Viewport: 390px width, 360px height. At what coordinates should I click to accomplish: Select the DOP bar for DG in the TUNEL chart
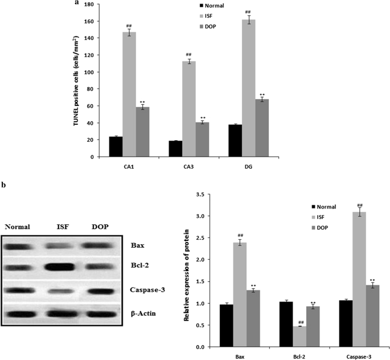(x=261, y=128)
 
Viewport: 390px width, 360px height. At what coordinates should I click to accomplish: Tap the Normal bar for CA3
(x=175, y=148)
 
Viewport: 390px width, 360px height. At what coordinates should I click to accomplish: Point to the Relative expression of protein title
(x=187, y=271)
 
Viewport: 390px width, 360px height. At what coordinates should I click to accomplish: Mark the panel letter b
(x=4, y=186)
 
